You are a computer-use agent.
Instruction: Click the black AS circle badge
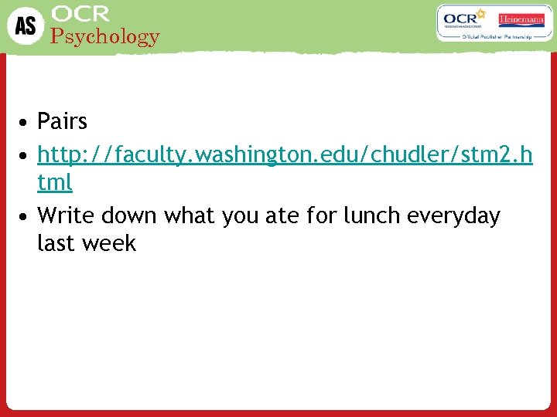pyautogui.click(x=25, y=26)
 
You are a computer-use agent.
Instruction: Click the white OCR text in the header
pyautogui.click(x=80, y=14)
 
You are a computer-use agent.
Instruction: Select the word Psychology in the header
pyautogui.click(x=104, y=36)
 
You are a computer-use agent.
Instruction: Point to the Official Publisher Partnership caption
pyautogui.click(x=494, y=36)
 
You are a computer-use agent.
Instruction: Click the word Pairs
pyautogui.click(x=62, y=121)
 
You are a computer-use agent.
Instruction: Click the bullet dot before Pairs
pyautogui.click(x=26, y=122)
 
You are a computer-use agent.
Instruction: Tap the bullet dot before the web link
pyautogui.click(x=26, y=155)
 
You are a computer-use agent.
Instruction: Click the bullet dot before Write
pyautogui.click(x=26, y=216)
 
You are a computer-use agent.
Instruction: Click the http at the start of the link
pyautogui.click(x=57, y=155)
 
